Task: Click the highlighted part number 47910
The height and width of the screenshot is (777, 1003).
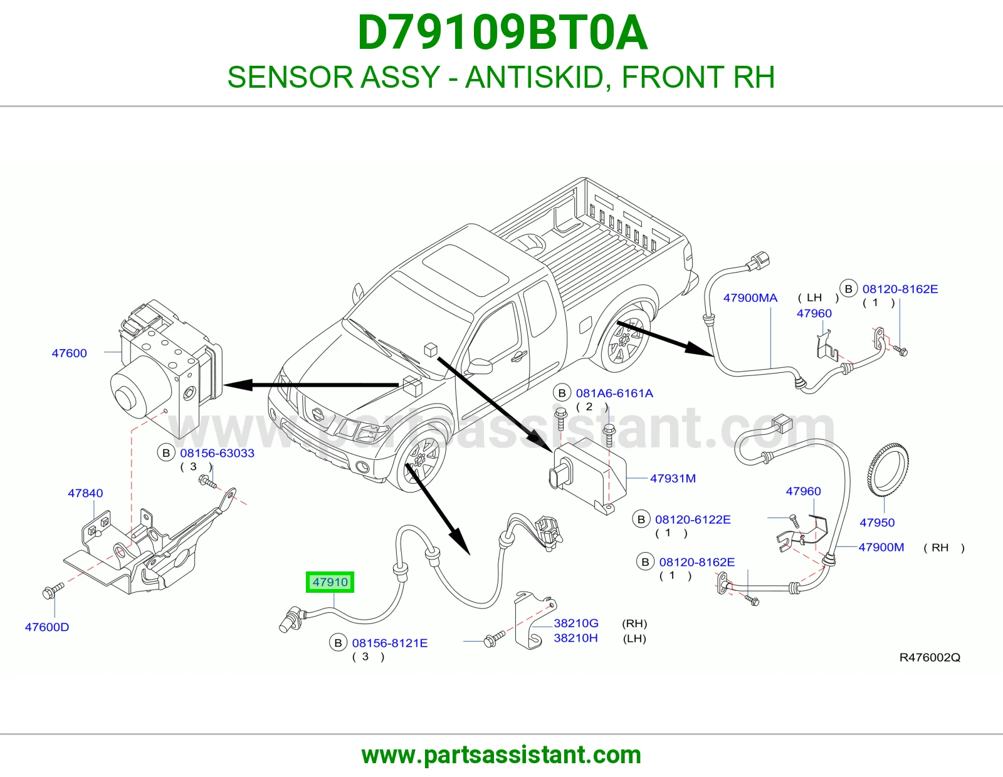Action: click(330, 582)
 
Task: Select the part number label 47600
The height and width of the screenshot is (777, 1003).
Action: click(69, 353)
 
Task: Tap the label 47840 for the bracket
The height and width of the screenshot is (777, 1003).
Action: click(85, 493)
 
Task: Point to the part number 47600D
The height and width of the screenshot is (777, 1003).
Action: click(47, 627)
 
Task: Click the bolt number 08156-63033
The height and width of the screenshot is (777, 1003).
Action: click(217, 453)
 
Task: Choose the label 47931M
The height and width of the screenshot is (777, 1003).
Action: click(673, 479)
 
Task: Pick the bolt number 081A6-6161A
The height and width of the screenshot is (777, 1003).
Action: click(614, 393)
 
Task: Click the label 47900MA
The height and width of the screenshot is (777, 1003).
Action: click(750, 298)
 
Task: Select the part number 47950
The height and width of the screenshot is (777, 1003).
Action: click(877, 523)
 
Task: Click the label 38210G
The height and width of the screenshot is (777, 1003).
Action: click(576, 623)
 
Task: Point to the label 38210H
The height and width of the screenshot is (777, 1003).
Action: click(575, 638)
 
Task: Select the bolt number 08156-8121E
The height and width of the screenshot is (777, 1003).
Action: click(390, 643)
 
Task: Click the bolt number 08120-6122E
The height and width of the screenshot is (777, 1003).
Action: click(693, 519)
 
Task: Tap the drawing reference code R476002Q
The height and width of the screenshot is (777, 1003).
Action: click(930, 657)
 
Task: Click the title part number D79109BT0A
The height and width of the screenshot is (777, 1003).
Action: click(502, 33)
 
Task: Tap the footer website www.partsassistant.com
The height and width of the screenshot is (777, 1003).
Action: click(501, 755)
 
